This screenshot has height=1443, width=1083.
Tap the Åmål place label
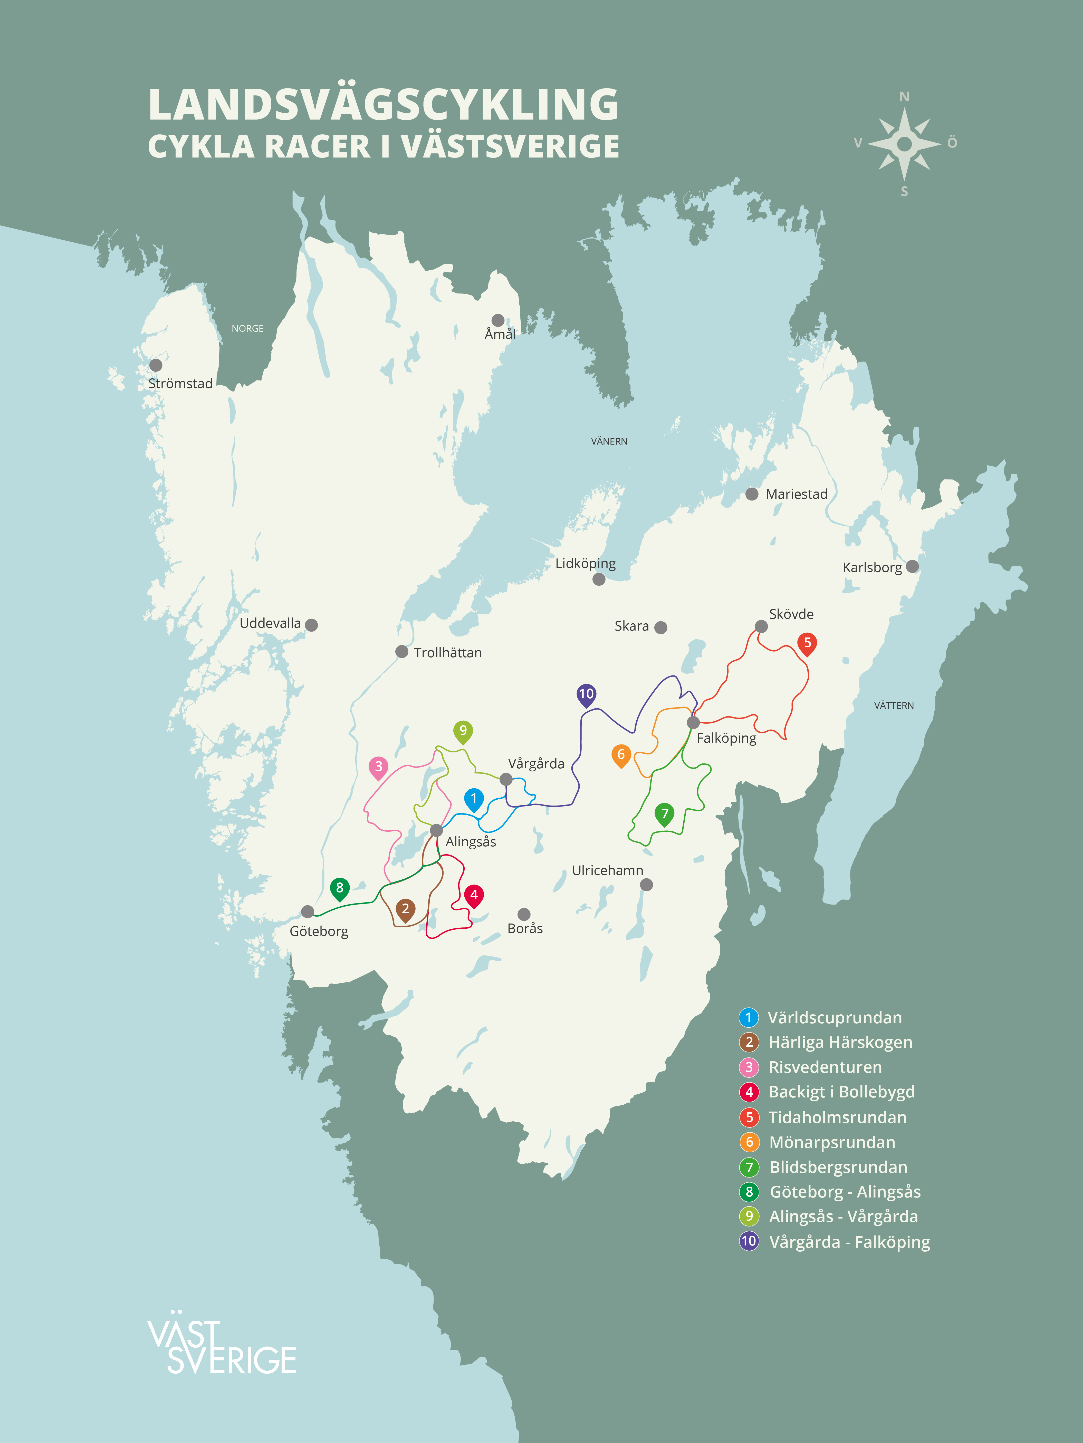(500, 334)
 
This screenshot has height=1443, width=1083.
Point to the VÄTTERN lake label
(894, 705)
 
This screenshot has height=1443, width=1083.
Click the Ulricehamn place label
(607, 870)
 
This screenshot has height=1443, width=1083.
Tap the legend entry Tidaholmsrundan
(837, 1117)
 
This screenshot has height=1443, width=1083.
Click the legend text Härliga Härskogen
(840, 1043)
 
